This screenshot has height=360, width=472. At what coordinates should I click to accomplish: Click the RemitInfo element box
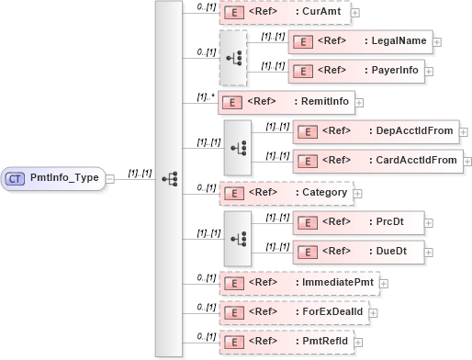pos(286,103)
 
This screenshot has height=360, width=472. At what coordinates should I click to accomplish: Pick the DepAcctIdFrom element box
pos(376,130)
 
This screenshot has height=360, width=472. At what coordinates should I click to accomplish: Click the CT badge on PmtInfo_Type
pos(15,178)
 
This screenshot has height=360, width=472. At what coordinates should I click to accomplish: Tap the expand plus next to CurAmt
pos(355,14)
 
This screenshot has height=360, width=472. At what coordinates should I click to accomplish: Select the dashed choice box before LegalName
pos(232,56)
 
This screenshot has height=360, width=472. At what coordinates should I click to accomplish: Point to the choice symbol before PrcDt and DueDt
pos(238,235)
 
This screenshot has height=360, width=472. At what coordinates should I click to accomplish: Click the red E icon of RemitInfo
pos(233,103)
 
